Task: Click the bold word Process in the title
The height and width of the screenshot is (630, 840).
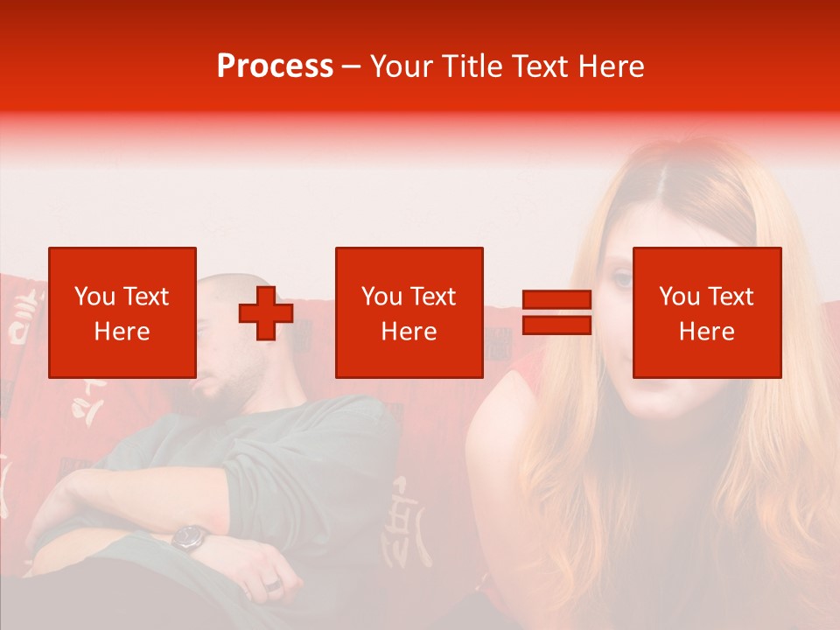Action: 275,66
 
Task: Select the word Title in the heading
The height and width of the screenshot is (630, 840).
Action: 472,66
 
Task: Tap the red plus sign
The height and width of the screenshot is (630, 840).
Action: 266,313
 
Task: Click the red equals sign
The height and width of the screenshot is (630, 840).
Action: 556,313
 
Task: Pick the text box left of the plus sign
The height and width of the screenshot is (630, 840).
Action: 122,313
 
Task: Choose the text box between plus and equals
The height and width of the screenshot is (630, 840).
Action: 409,313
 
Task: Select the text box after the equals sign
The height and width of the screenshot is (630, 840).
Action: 707,313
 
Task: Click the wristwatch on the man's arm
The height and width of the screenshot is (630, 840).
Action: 190,537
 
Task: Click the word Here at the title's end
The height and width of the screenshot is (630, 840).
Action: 612,66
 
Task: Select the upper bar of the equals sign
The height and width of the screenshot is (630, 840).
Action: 556,300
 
